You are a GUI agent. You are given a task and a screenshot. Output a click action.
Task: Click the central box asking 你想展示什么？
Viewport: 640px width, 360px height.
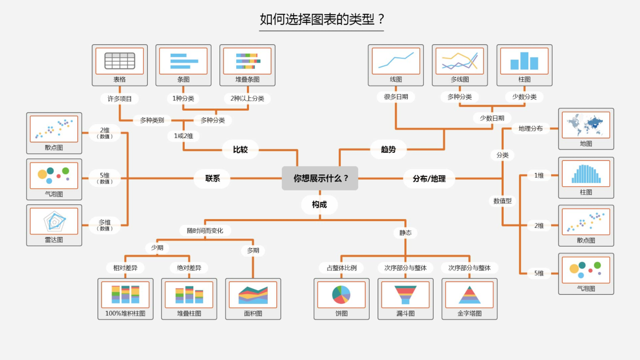coord(320,178)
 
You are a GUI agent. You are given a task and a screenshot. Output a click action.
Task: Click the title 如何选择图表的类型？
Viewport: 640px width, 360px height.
coord(322,19)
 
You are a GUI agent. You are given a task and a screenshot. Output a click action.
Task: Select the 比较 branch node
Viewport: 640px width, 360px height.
coord(240,149)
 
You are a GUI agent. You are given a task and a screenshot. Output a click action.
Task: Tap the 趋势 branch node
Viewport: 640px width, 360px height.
coord(388,149)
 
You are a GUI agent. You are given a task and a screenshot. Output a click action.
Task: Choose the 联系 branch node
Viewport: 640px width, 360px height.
coord(213,179)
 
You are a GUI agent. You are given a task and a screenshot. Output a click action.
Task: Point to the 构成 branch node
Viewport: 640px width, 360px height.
coord(319,205)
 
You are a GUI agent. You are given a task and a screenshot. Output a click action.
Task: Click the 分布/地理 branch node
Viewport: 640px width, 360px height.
coord(429,179)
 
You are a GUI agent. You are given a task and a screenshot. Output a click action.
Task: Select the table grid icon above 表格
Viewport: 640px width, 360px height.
coord(120,61)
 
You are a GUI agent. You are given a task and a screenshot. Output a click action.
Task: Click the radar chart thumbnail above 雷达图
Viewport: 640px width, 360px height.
coord(54,221)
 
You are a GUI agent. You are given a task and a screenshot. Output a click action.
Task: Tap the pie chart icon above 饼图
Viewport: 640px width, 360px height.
coord(341,294)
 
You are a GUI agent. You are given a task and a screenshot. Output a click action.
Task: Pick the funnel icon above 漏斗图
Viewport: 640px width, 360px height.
coord(405,294)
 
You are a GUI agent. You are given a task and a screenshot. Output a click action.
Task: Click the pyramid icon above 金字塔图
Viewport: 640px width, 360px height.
coord(469,294)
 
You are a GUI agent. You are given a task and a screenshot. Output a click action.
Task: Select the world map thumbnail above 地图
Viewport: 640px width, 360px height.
coord(586,125)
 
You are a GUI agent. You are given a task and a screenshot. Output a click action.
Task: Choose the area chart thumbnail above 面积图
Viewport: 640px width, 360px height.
coord(253,294)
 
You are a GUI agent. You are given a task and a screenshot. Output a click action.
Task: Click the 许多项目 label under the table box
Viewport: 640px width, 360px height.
coord(120,99)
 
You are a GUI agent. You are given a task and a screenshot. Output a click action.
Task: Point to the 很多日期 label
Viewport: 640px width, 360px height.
coord(396,97)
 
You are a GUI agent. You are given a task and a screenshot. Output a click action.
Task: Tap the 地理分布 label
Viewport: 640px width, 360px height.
coord(530,129)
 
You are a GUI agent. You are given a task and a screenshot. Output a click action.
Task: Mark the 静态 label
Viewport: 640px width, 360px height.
coord(405,233)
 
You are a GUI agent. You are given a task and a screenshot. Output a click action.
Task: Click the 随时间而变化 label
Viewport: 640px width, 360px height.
coord(205,231)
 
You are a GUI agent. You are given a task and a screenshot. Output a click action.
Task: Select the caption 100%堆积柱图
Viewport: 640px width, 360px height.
coord(125,313)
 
